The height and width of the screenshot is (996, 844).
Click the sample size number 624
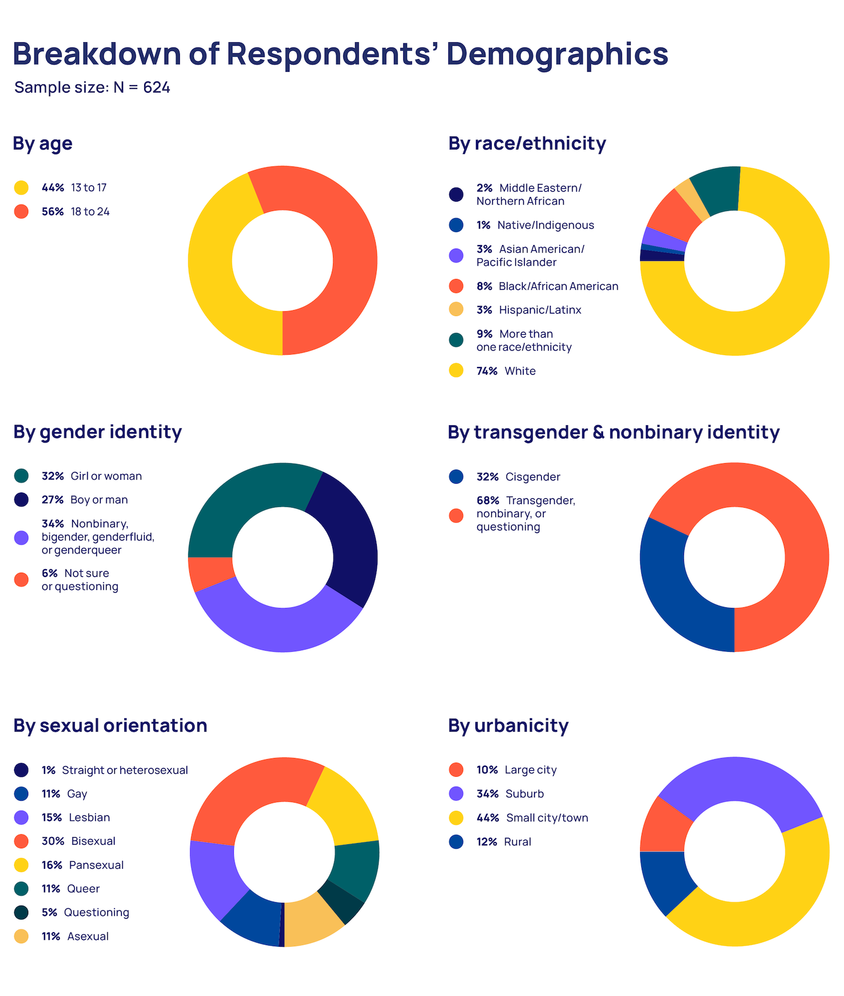coord(156,87)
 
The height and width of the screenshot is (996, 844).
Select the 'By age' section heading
coord(43,143)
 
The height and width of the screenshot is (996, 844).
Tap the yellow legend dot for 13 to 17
coord(21,188)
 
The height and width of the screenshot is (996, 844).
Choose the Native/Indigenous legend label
coord(545,225)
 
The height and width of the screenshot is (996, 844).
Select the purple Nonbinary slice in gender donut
coord(275,627)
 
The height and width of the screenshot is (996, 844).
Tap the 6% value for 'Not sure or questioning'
coord(49,573)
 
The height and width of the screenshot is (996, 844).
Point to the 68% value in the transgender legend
coord(488,501)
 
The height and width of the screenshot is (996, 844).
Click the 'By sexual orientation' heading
coord(110,726)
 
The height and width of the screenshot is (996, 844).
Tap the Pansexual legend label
coord(96,865)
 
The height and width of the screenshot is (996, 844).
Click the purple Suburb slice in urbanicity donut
coord(738,780)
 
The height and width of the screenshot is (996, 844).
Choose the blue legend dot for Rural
coord(456,842)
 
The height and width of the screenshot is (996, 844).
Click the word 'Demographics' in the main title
coord(557,54)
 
